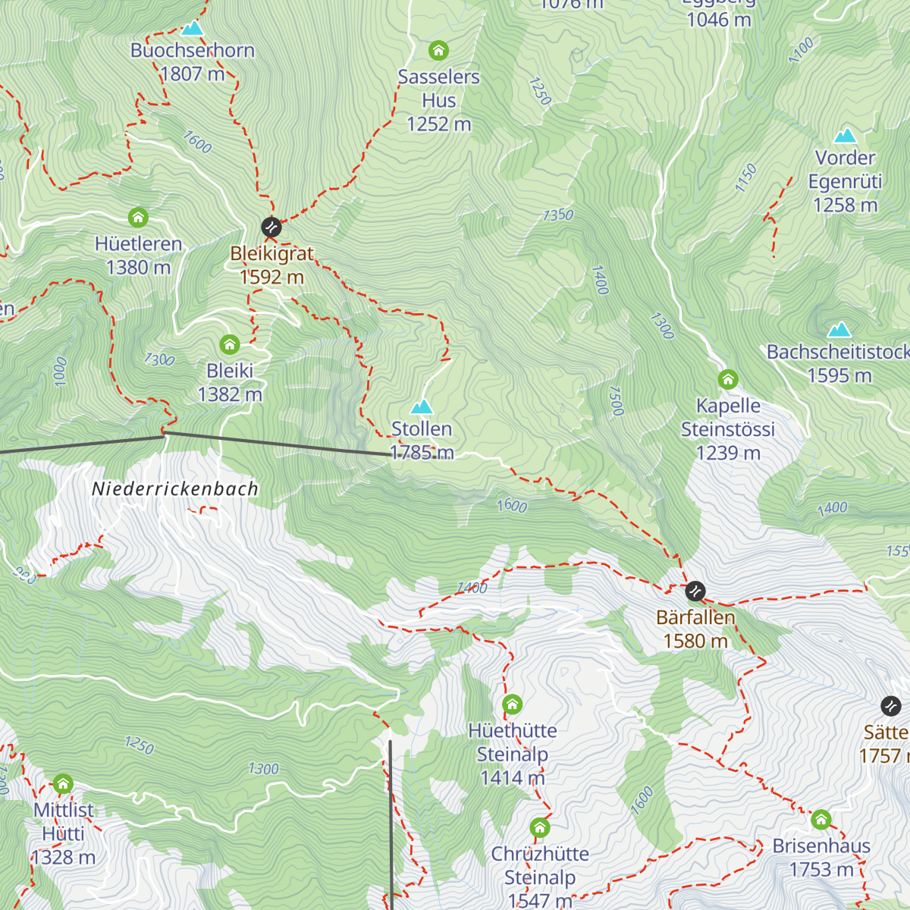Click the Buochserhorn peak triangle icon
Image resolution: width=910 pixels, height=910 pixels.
click(x=192, y=29)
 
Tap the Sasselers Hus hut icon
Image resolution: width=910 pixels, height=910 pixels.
click(x=438, y=51)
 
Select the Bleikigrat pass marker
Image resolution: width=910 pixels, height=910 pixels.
click(x=271, y=227)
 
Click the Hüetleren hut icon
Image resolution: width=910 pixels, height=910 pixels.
click(x=138, y=218)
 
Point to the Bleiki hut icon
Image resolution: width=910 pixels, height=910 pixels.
click(x=230, y=345)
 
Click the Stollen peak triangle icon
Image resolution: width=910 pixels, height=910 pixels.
click(x=422, y=406)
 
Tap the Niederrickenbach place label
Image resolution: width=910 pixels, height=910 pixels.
click(x=175, y=489)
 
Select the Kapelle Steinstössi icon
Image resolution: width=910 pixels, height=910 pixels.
click(x=728, y=379)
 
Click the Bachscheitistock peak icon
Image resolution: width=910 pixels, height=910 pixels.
click(x=839, y=330)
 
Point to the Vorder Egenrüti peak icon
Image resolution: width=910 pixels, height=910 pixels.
click(x=845, y=136)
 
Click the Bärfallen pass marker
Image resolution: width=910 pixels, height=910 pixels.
click(x=695, y=591)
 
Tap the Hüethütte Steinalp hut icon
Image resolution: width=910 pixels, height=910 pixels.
click(x=513, y=704)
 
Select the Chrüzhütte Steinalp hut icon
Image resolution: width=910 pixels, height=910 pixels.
click(x=540, y=827)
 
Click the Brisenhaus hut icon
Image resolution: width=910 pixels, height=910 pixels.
click(x=821, y=820)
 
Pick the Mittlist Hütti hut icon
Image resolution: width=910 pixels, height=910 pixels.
click(x=64, y=783)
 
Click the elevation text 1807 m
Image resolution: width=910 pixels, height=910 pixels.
click(x=193, y=74)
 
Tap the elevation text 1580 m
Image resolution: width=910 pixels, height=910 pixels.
click(x=695, y=642)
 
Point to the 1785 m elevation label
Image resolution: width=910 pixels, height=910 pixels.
click(x=422, y=453)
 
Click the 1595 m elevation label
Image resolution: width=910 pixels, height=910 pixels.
click(x=839, y=375)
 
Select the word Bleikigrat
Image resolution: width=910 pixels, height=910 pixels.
click(x=271, y=254)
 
